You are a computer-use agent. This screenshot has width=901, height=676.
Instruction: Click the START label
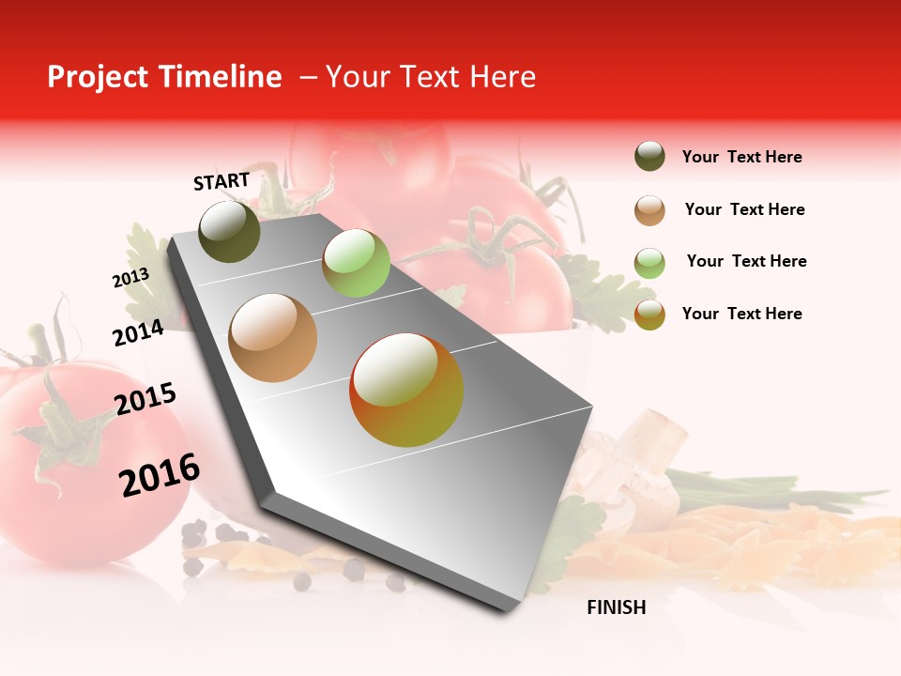tap(221, 181)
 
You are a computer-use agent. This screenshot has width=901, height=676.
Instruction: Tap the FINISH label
tap(616, 607)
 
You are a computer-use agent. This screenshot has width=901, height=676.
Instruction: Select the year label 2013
tap(130, 278)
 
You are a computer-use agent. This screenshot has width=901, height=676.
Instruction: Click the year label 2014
tap(138, 333)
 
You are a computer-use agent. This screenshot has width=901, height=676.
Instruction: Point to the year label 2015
tap(145, 399)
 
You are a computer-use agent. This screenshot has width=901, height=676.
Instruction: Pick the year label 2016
tap(160, 475)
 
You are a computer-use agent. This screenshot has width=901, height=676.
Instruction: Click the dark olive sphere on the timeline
tap(230, 232)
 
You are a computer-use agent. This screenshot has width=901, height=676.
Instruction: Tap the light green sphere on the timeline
tap(356, 263)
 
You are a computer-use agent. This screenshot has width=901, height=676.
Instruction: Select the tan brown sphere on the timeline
tap(273, 338)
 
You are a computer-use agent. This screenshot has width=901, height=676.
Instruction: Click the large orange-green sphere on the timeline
tap(406, 390)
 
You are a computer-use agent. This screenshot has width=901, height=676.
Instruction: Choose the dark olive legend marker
tap(649, 157)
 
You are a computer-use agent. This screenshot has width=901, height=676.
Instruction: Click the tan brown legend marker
tap(649, 210)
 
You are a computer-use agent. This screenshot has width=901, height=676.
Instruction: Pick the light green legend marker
tap(649, 262)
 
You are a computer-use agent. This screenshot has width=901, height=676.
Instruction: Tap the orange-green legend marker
tap(649, 315)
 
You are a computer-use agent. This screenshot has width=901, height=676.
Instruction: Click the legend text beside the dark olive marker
tap(741, 157)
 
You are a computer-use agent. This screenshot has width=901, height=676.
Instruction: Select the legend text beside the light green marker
tap(746, 261)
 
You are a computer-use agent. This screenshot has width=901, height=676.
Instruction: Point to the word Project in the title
tap(96, 77)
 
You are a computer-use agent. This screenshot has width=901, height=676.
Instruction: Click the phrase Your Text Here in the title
tap(430, 77)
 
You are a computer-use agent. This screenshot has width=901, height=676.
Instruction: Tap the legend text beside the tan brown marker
tap(744, 209)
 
